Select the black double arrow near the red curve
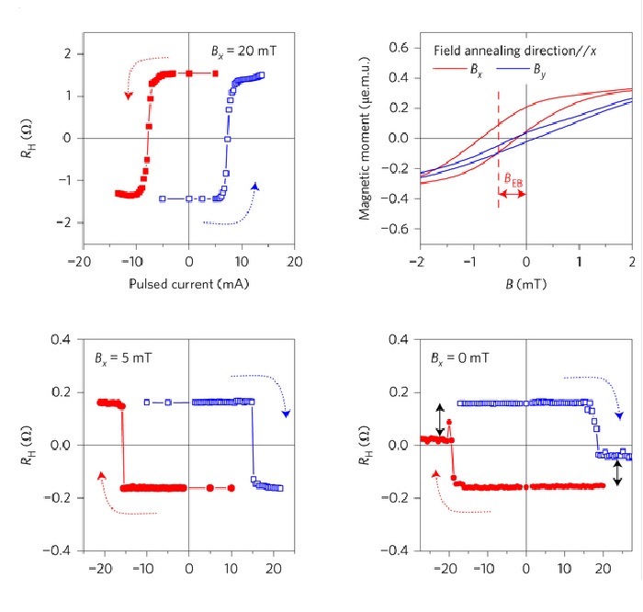(440, 420)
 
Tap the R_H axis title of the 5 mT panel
(28, 446)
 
